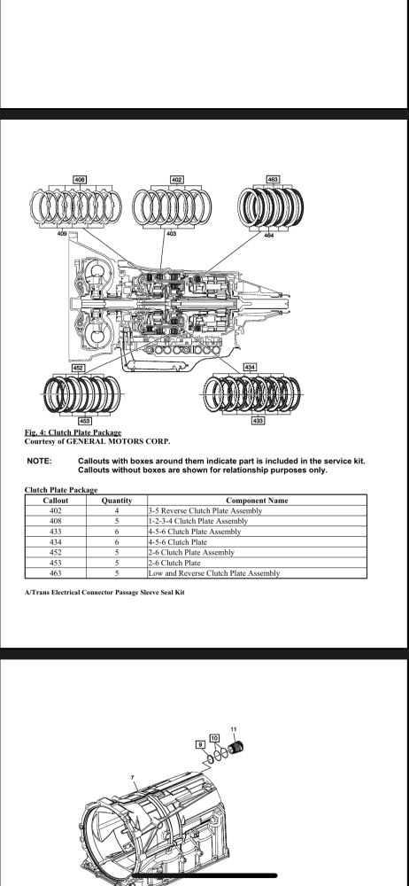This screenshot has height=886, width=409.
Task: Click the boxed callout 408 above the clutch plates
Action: coord(80,180)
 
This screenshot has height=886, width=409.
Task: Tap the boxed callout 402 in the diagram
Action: coord(177,180)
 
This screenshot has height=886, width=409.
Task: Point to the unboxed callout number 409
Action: coord(62,233)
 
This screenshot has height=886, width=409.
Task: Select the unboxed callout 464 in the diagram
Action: coord(269,235)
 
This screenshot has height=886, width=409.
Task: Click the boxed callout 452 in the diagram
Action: coord(78,368)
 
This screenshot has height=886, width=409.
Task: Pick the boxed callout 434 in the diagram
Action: coord(250,368)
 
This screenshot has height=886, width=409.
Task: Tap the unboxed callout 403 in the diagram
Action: coord(171,233)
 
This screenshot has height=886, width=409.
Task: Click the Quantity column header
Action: coord(117,501)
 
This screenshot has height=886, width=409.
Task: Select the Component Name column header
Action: coord(257,501)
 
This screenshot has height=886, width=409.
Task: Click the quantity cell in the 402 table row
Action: coord(117,511)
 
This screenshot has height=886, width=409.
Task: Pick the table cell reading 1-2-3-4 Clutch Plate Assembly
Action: coord(197,521)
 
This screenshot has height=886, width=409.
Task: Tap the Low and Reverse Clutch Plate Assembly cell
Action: coord(214,573)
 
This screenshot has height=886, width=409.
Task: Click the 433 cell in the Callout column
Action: coord(56,532)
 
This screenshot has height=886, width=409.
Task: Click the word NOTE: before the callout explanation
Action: coord(39,461)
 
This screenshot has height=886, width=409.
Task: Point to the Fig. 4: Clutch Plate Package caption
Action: coord(73,433)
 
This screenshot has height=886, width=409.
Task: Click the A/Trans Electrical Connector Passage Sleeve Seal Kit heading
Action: coord(104,592)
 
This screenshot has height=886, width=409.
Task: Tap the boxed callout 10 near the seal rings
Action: coord(214,738)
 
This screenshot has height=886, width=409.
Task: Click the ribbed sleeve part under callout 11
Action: coord(236,747)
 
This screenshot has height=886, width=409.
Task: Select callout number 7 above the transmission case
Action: coord(133,778)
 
